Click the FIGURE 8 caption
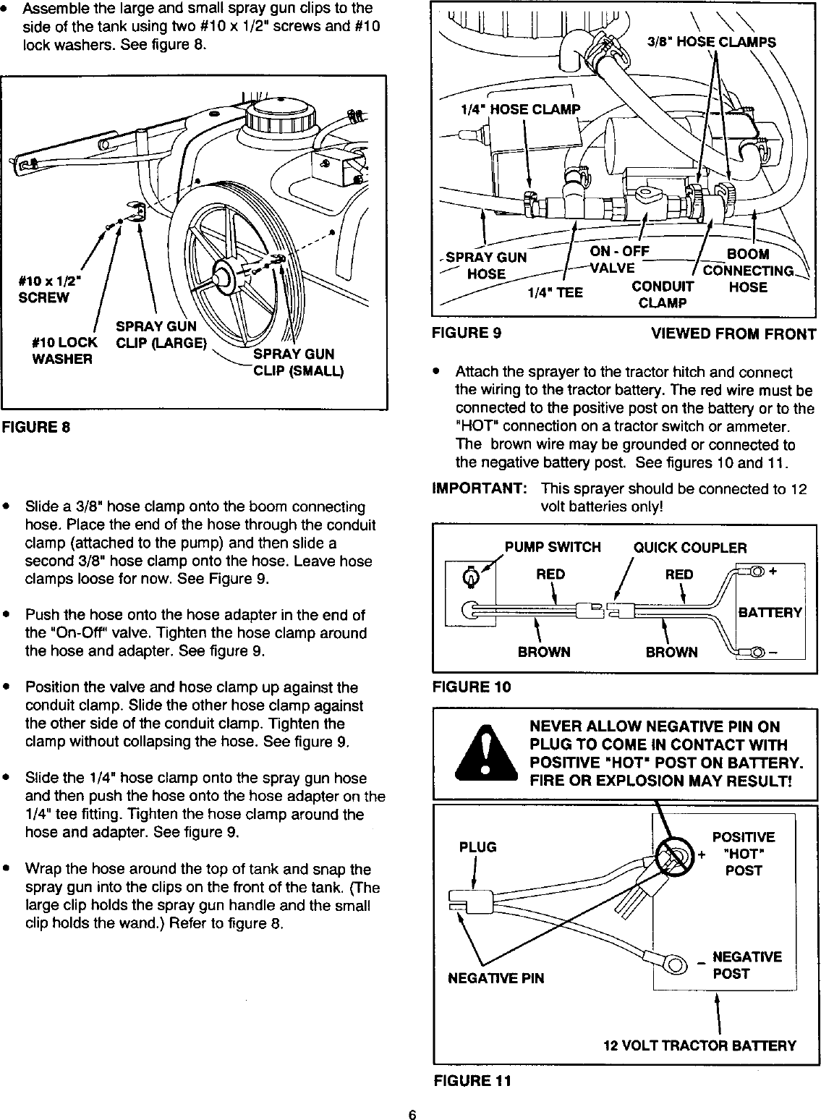(35, 426)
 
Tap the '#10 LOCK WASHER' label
(64, 350)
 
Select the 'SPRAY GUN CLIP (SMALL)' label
(293, 362)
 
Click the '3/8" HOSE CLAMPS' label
(711, 41)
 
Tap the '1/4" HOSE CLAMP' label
(520, 110)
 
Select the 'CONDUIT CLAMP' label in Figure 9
(662, 294)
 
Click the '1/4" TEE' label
(555, 293)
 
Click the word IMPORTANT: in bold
(478, 489)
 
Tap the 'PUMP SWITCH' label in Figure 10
(553, 548)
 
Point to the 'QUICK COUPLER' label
(690, 548)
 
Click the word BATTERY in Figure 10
(770, 613)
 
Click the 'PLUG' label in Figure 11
(478, 847)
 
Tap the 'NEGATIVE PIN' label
(495, 978)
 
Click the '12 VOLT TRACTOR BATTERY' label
(699, 1045)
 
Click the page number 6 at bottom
(411, 1113)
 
